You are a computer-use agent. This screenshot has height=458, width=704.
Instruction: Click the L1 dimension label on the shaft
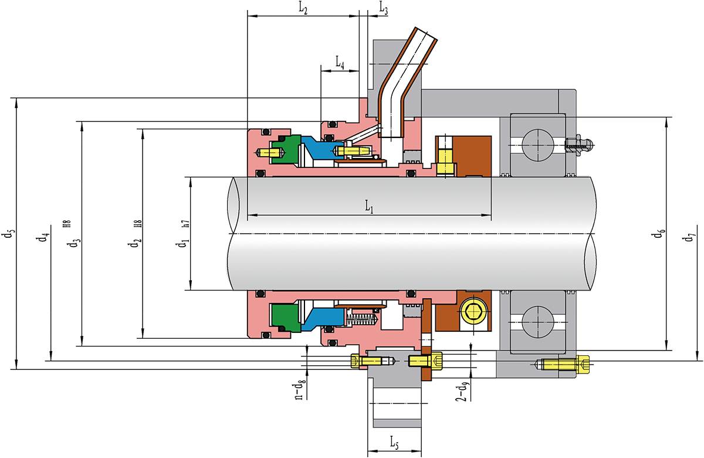369,207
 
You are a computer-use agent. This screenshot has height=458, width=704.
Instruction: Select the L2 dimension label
303,9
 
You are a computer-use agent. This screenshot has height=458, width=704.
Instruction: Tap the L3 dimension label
384,8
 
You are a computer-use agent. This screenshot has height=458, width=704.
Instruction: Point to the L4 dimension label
340,62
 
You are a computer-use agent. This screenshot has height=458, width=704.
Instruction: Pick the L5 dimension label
394,442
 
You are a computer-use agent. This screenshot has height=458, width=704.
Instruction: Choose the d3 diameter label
76,243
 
